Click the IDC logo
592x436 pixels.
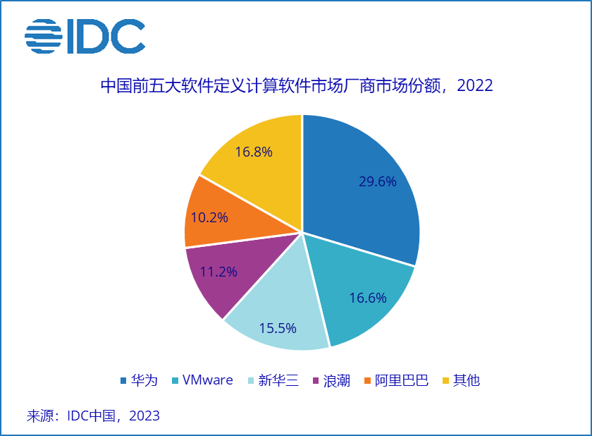(x=85, y=36)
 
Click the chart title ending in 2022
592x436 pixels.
(x=296, y=86)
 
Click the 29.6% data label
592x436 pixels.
(x=378, y=181)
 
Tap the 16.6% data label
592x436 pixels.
(x=368, y=298)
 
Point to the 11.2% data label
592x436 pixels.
(x=218, y=272)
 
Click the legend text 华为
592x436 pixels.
(x=144, y=380)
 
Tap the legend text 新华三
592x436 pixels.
(x=278, y=380)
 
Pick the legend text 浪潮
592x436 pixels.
(x=337, y=380)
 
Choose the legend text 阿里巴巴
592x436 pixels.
(x=402, y=380)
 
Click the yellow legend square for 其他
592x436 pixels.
(x=445, y=381)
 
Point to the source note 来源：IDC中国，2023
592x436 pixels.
(x=93, y=416)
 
